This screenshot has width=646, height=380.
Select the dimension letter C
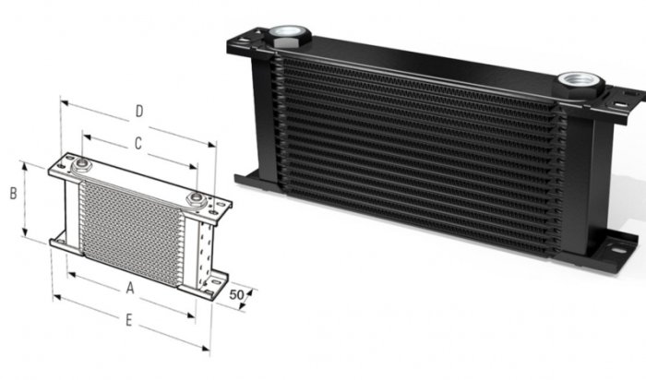(x=138, y=144)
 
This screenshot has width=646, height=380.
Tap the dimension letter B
(x=13, y=195)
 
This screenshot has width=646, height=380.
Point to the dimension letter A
(x=130, y=288)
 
